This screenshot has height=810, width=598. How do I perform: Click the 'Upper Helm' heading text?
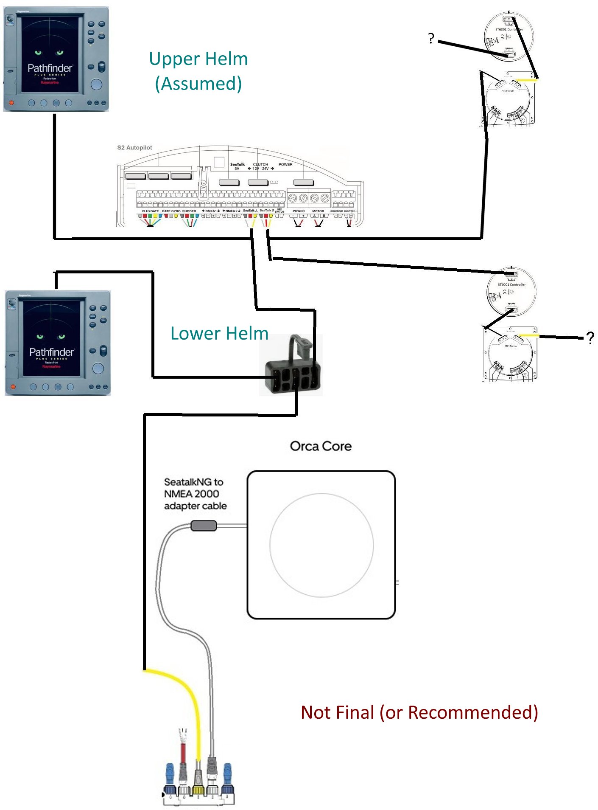(198, 59)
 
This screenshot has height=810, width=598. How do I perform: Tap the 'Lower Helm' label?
(219, 334)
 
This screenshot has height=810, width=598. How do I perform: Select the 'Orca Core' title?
(321, 446)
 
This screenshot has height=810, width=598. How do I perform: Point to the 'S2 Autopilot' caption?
(134, 148)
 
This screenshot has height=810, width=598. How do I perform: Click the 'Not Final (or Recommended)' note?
(419, 712)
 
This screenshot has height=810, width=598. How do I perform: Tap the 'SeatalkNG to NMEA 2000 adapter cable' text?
(195, 494)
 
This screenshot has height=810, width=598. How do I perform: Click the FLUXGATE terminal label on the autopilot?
(150, 211)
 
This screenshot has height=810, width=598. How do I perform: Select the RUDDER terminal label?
(189, 211)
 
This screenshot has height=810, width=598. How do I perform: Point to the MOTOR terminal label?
(318, 211)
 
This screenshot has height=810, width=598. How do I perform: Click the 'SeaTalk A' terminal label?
(250, 211)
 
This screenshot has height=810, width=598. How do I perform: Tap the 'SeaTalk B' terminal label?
(266, 211)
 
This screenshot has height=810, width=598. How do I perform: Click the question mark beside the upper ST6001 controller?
(431, 39)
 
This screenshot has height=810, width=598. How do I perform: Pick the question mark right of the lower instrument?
(590, 338)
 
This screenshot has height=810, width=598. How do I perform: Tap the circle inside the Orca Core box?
(321, 545)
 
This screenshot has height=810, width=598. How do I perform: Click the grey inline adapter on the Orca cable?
(204, 526)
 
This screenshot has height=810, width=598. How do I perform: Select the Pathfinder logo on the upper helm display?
(50, 68)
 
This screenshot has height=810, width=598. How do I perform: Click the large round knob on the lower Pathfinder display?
(98, 368)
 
